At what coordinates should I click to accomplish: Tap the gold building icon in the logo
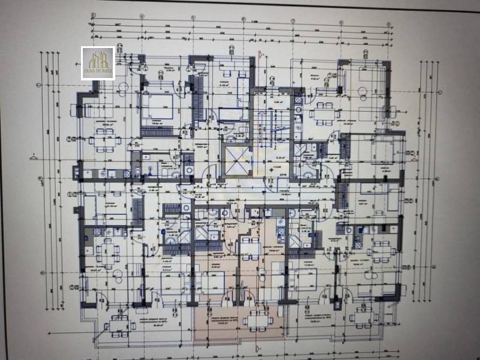98,59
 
